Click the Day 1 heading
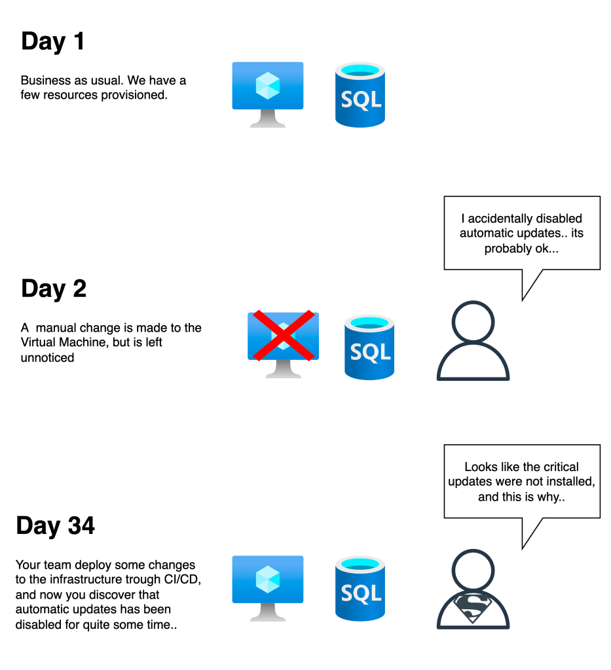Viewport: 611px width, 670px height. (x=53, y=42)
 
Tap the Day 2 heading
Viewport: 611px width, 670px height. (x=54, y=289)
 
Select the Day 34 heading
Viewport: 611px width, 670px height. (x=56, y=526)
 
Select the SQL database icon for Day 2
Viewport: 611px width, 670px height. (x=369, y=346)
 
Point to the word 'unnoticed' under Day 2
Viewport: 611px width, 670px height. (x=46, y=358)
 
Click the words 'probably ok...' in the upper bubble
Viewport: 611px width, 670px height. (x=522, y=249)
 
